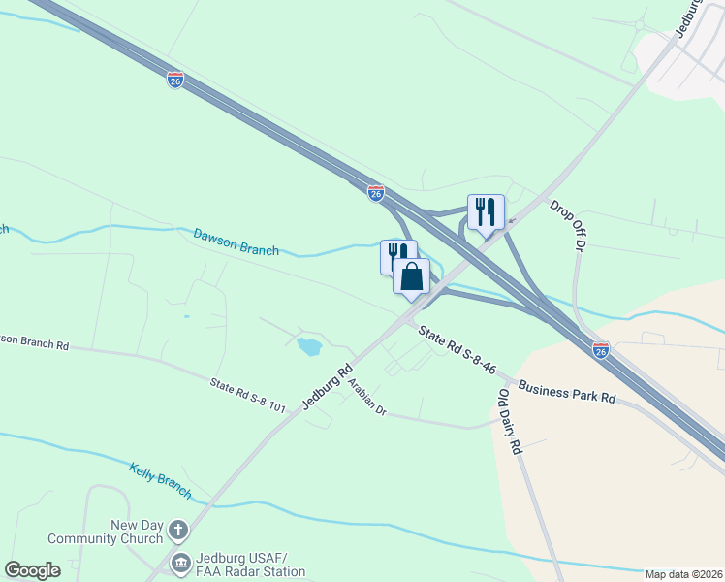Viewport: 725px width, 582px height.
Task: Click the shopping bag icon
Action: pos(412,276)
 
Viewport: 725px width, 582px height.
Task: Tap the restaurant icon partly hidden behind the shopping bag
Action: pos(394,254)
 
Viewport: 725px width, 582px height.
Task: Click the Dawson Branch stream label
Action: pos(236,242)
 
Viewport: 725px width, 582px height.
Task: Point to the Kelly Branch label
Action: pos(161,481)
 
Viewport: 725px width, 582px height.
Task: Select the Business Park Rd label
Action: pos(567,391)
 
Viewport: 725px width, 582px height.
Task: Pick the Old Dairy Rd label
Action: pos(511,423)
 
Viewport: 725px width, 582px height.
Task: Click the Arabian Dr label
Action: pos(367,398)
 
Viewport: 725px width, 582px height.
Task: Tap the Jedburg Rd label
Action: pos(326,386)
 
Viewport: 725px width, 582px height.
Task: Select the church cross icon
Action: pos(177,530)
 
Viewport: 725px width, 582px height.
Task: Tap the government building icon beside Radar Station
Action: pos(180,563)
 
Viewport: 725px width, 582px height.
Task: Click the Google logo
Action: pos(32,570)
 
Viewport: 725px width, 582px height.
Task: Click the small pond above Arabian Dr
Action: pos(309,346)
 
